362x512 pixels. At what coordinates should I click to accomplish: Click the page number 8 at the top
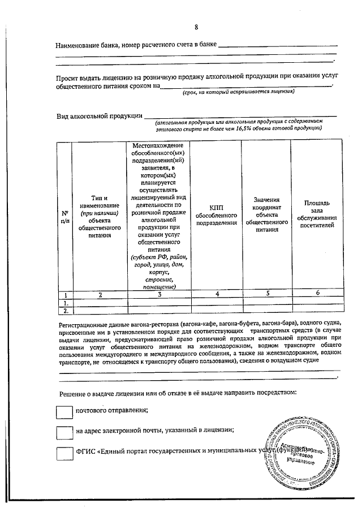196,27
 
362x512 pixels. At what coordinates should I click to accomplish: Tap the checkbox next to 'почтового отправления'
65,411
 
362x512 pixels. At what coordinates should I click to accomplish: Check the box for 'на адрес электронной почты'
65,432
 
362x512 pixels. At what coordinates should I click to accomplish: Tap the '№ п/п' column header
65,217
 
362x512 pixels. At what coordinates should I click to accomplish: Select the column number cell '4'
217,294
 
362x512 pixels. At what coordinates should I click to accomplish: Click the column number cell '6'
317,292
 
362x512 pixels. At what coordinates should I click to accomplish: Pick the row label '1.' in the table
66,303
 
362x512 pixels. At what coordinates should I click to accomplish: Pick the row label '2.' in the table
66,311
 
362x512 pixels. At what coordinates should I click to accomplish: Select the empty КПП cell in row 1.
217,303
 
